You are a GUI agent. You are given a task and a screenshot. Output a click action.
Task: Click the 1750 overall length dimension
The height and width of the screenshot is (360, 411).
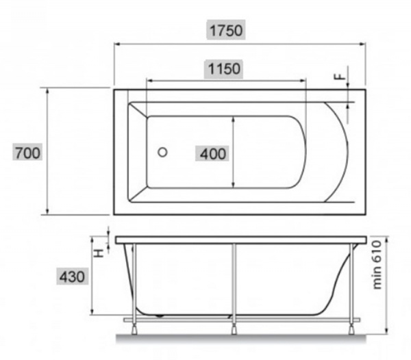[226, 30]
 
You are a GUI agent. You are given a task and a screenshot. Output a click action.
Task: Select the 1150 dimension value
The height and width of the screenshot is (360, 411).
[224, 69]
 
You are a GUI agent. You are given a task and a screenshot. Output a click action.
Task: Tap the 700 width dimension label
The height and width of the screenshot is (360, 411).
[27, 153]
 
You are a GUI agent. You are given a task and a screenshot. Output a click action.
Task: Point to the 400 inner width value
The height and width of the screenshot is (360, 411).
[213, 154]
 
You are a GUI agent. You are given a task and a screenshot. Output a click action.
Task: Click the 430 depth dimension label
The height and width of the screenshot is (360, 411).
[72, 277]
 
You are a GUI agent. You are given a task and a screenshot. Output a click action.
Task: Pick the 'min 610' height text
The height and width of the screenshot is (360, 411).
[377, 265]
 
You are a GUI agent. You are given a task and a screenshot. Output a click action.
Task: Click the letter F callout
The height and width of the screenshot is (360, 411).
[340, 76]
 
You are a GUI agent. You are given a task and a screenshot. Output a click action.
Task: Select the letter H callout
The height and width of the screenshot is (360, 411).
[99, 253]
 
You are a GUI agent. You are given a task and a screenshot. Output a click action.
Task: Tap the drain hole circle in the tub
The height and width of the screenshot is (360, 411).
[162, 152]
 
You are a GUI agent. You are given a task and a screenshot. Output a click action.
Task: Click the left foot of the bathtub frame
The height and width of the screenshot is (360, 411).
[134, 329]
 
